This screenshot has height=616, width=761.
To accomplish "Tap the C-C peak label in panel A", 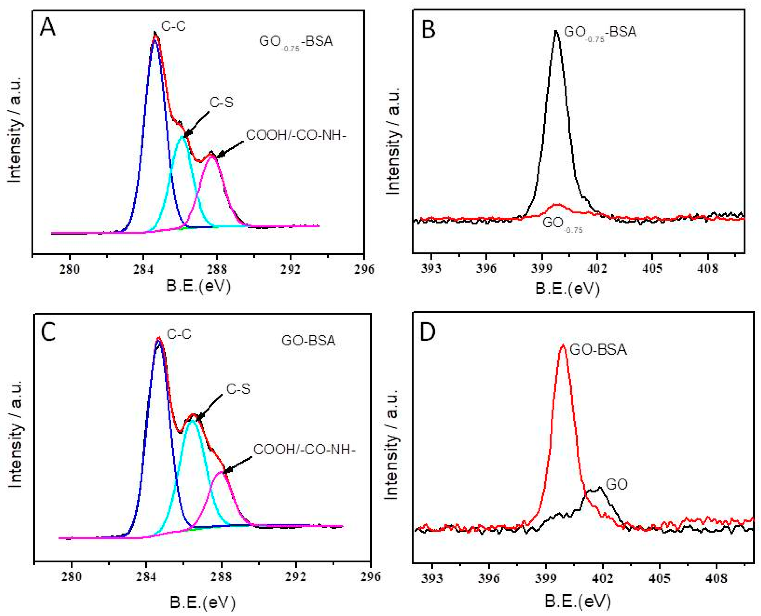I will [x=173, y=26].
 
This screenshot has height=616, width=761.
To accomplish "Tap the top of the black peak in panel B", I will [x=556, y=31].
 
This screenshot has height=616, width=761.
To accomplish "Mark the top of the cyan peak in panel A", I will [x=182, y=136].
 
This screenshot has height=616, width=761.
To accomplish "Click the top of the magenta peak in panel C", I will [x=221, y=472].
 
